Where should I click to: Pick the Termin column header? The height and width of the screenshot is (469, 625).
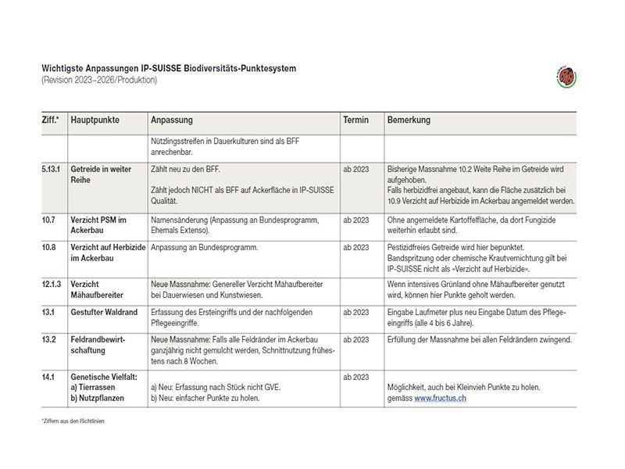(356, 120)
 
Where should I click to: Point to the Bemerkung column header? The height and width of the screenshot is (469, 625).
(409, 120)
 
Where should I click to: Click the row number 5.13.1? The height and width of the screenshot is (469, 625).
(53, 169)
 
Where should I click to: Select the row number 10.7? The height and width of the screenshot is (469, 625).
(49, 220)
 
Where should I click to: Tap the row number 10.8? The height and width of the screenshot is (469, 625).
(49, 248)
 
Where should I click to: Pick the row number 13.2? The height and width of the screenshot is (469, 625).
(49, 339)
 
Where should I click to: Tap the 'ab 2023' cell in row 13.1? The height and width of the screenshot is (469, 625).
(355, 312)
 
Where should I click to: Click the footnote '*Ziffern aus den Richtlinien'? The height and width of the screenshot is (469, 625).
(73, 421)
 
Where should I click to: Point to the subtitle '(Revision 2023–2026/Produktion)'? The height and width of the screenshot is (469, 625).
(100, 81)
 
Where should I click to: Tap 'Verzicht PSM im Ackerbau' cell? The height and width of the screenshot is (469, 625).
(98, 226)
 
